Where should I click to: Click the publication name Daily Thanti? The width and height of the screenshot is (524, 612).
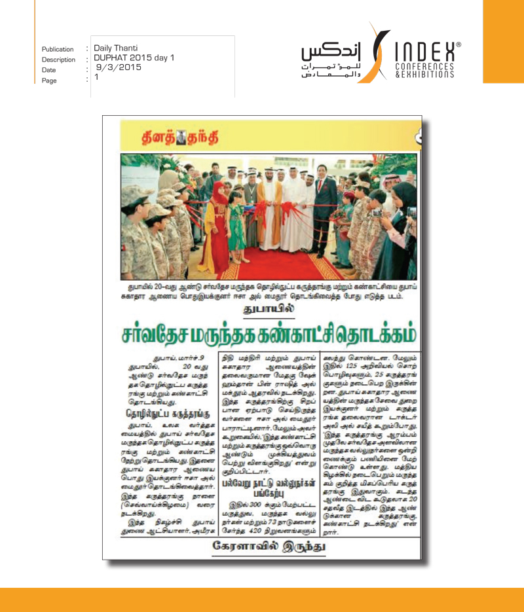(116, 48)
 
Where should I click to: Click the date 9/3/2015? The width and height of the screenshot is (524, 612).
(119, 67)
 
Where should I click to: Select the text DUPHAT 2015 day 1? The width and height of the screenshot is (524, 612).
(134, 58)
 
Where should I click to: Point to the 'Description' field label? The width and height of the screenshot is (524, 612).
(58, 60)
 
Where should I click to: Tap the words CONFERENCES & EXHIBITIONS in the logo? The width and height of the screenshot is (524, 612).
(424, 70)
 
